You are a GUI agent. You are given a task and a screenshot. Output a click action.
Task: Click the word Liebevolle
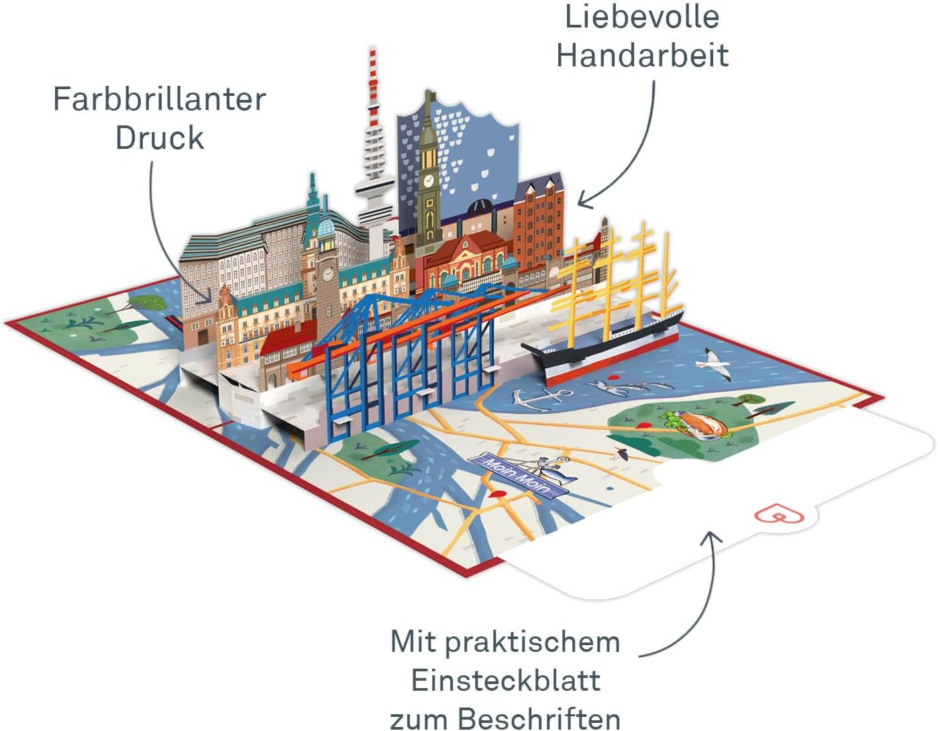click(642, 17)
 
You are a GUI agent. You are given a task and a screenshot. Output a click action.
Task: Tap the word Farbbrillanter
click(159, 99)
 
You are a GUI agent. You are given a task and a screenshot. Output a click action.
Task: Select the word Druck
click(159, 138)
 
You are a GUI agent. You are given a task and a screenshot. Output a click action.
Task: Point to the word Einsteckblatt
click(505, 681)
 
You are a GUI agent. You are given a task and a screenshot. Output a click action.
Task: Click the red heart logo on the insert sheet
click(780, 515)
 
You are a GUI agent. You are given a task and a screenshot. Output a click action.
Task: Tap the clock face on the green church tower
click(428, 180)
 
